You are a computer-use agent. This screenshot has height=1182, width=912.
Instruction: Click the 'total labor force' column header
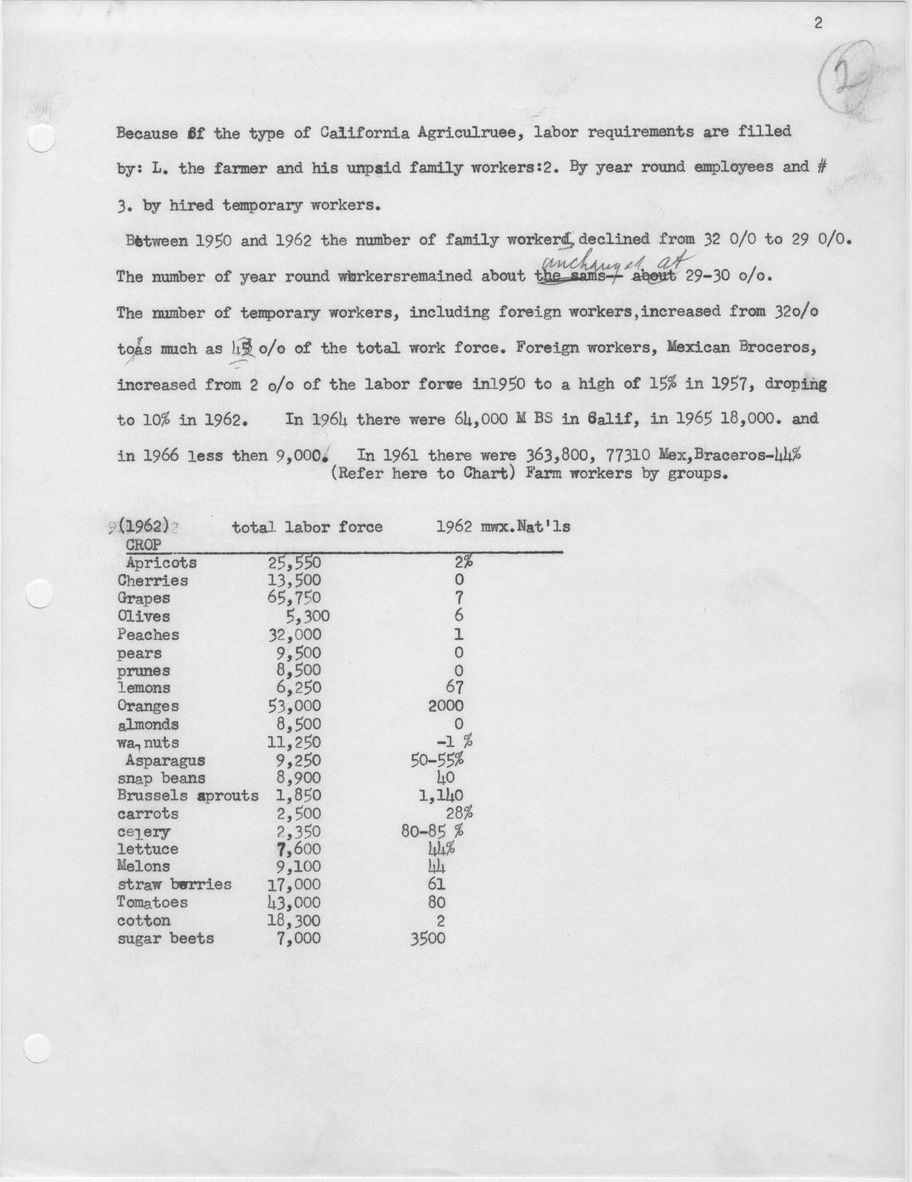pyautogui.click(x=308, y=527)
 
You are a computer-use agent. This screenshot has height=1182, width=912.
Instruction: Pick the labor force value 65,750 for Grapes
pyautogui.click(x=294, y=598)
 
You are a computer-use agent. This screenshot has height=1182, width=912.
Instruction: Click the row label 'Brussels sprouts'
pyautogui.click(x=188, y=796)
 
